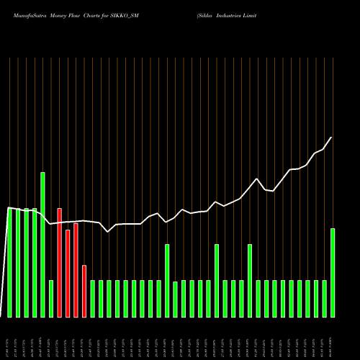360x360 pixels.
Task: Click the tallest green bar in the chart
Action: point(42,245)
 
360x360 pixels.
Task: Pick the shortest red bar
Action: point(84,291)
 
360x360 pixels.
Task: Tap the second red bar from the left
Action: point(68,273)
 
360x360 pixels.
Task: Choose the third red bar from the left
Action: point(76,270)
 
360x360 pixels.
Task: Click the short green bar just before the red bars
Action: point(51,298)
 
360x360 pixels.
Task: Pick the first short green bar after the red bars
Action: point(93,298)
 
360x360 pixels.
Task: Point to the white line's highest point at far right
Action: point(331,138)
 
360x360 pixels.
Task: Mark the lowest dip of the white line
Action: point(108,232)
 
